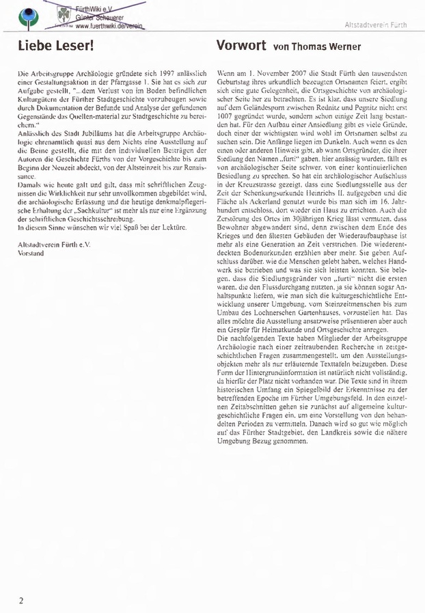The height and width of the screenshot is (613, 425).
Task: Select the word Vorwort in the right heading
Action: (236, 46)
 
